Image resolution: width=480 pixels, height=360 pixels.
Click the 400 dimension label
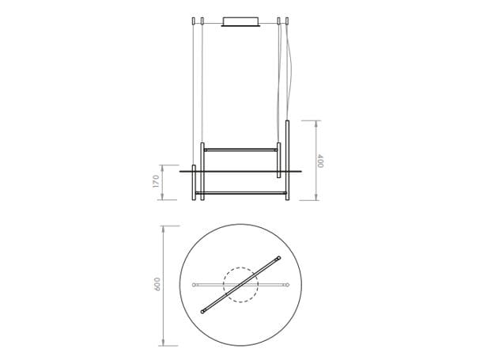click(x=320, y=161)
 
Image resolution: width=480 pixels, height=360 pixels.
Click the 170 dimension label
click(x=156, y=181)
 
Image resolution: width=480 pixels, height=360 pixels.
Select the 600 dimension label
click(x=157, y=284)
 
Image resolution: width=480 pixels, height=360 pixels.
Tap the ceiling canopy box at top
click(x=240, y=21)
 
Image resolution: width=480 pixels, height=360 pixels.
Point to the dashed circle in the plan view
click(x=240, y=267)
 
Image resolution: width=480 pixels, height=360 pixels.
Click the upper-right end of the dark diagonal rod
click(x=278, y=258)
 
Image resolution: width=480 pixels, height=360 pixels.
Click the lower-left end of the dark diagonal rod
click(x=202, y=312)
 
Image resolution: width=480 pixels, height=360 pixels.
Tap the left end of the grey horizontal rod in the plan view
click(x=194, y=285)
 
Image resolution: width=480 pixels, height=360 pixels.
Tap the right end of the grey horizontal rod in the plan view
click(x=288, y=285)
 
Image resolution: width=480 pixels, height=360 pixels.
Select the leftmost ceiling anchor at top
click(x=194, y=21)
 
